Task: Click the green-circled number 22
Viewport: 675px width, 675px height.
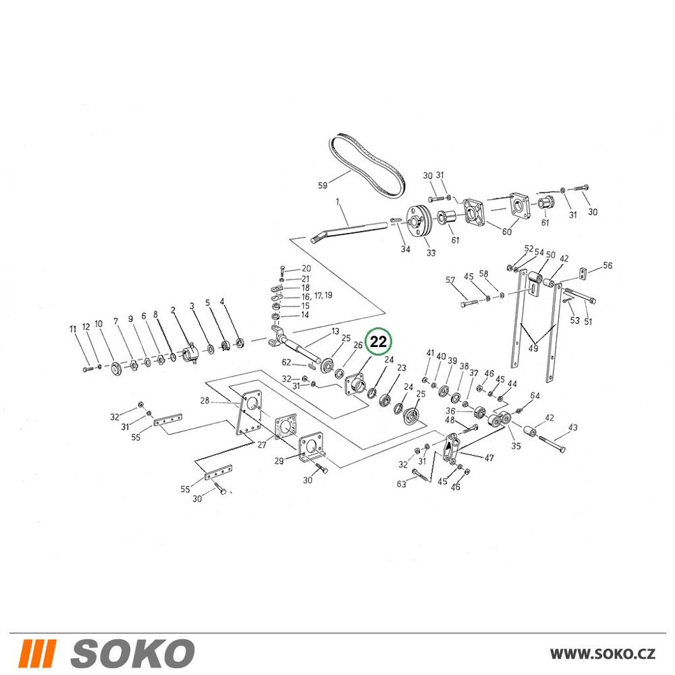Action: (379, 342)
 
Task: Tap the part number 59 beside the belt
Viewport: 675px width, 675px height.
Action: (323, 185)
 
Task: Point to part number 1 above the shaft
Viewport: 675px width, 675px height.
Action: (337, 201)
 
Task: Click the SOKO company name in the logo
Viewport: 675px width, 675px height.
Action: (132, 653)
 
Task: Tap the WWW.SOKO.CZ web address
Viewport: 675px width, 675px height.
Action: (603, 654)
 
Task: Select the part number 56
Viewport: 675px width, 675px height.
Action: (607, 265)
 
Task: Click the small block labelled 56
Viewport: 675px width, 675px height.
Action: (583, 273)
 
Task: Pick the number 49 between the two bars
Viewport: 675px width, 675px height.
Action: (533, 348)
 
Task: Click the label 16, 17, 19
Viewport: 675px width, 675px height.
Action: (317, 296)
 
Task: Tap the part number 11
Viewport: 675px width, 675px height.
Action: (73, 329)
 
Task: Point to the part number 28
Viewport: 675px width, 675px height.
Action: (205, 400)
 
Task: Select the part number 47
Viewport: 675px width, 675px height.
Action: (489, 458)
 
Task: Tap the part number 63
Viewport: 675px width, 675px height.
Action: (401, 484)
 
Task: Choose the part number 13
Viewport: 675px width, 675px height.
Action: (335, 331)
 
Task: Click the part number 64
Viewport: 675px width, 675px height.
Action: (535, 395)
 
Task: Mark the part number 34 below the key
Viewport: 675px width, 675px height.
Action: (406, 249)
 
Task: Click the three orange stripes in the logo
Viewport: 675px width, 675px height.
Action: (37, 653)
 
